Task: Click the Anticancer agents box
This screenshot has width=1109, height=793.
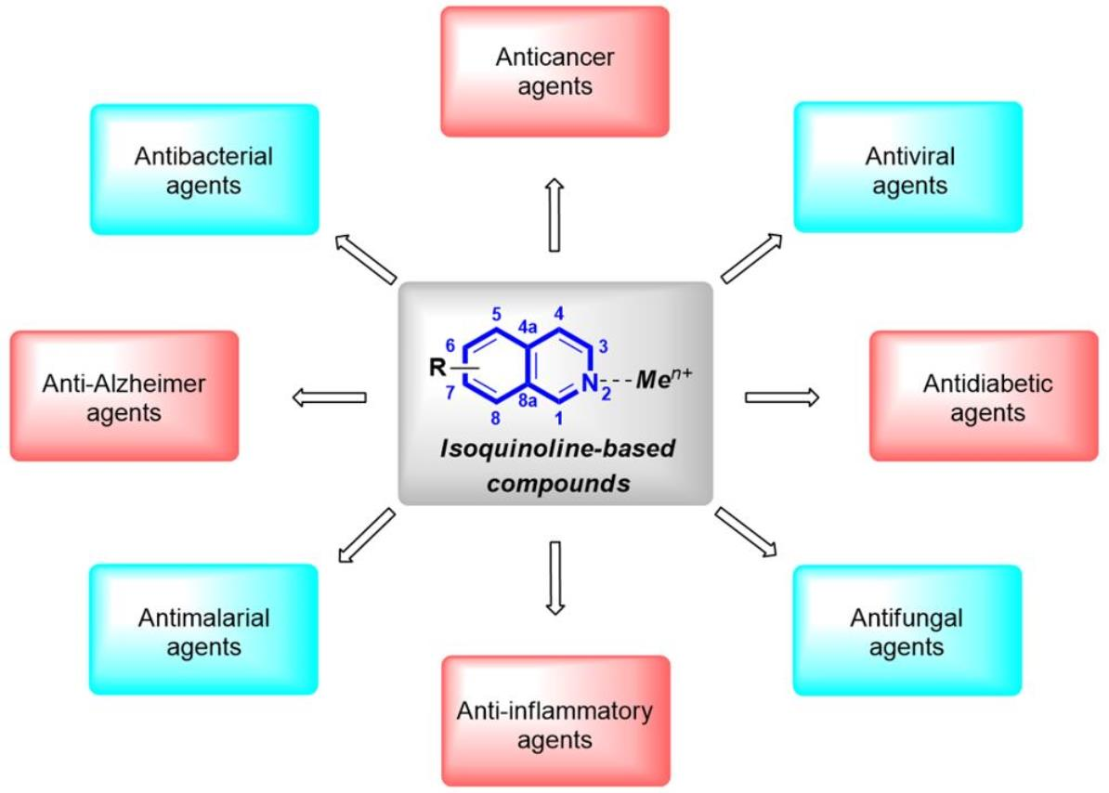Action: (x=554, y=72)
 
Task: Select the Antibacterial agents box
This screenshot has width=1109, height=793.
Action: (x=204, y=169)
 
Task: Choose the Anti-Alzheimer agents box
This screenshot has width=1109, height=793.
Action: (x=124, y=396)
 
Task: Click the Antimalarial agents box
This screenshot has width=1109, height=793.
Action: (x=204, y=630)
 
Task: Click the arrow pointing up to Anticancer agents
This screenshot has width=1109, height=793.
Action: (x=554, y=215)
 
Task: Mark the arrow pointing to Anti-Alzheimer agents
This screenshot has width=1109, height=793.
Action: (x=330, y=397)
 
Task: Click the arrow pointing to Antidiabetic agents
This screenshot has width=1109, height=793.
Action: (x=782, y=397)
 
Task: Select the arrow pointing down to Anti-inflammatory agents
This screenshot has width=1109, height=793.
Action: (x=554, y=578)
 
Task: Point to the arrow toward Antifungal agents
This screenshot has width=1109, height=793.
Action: (x=746, y=533)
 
